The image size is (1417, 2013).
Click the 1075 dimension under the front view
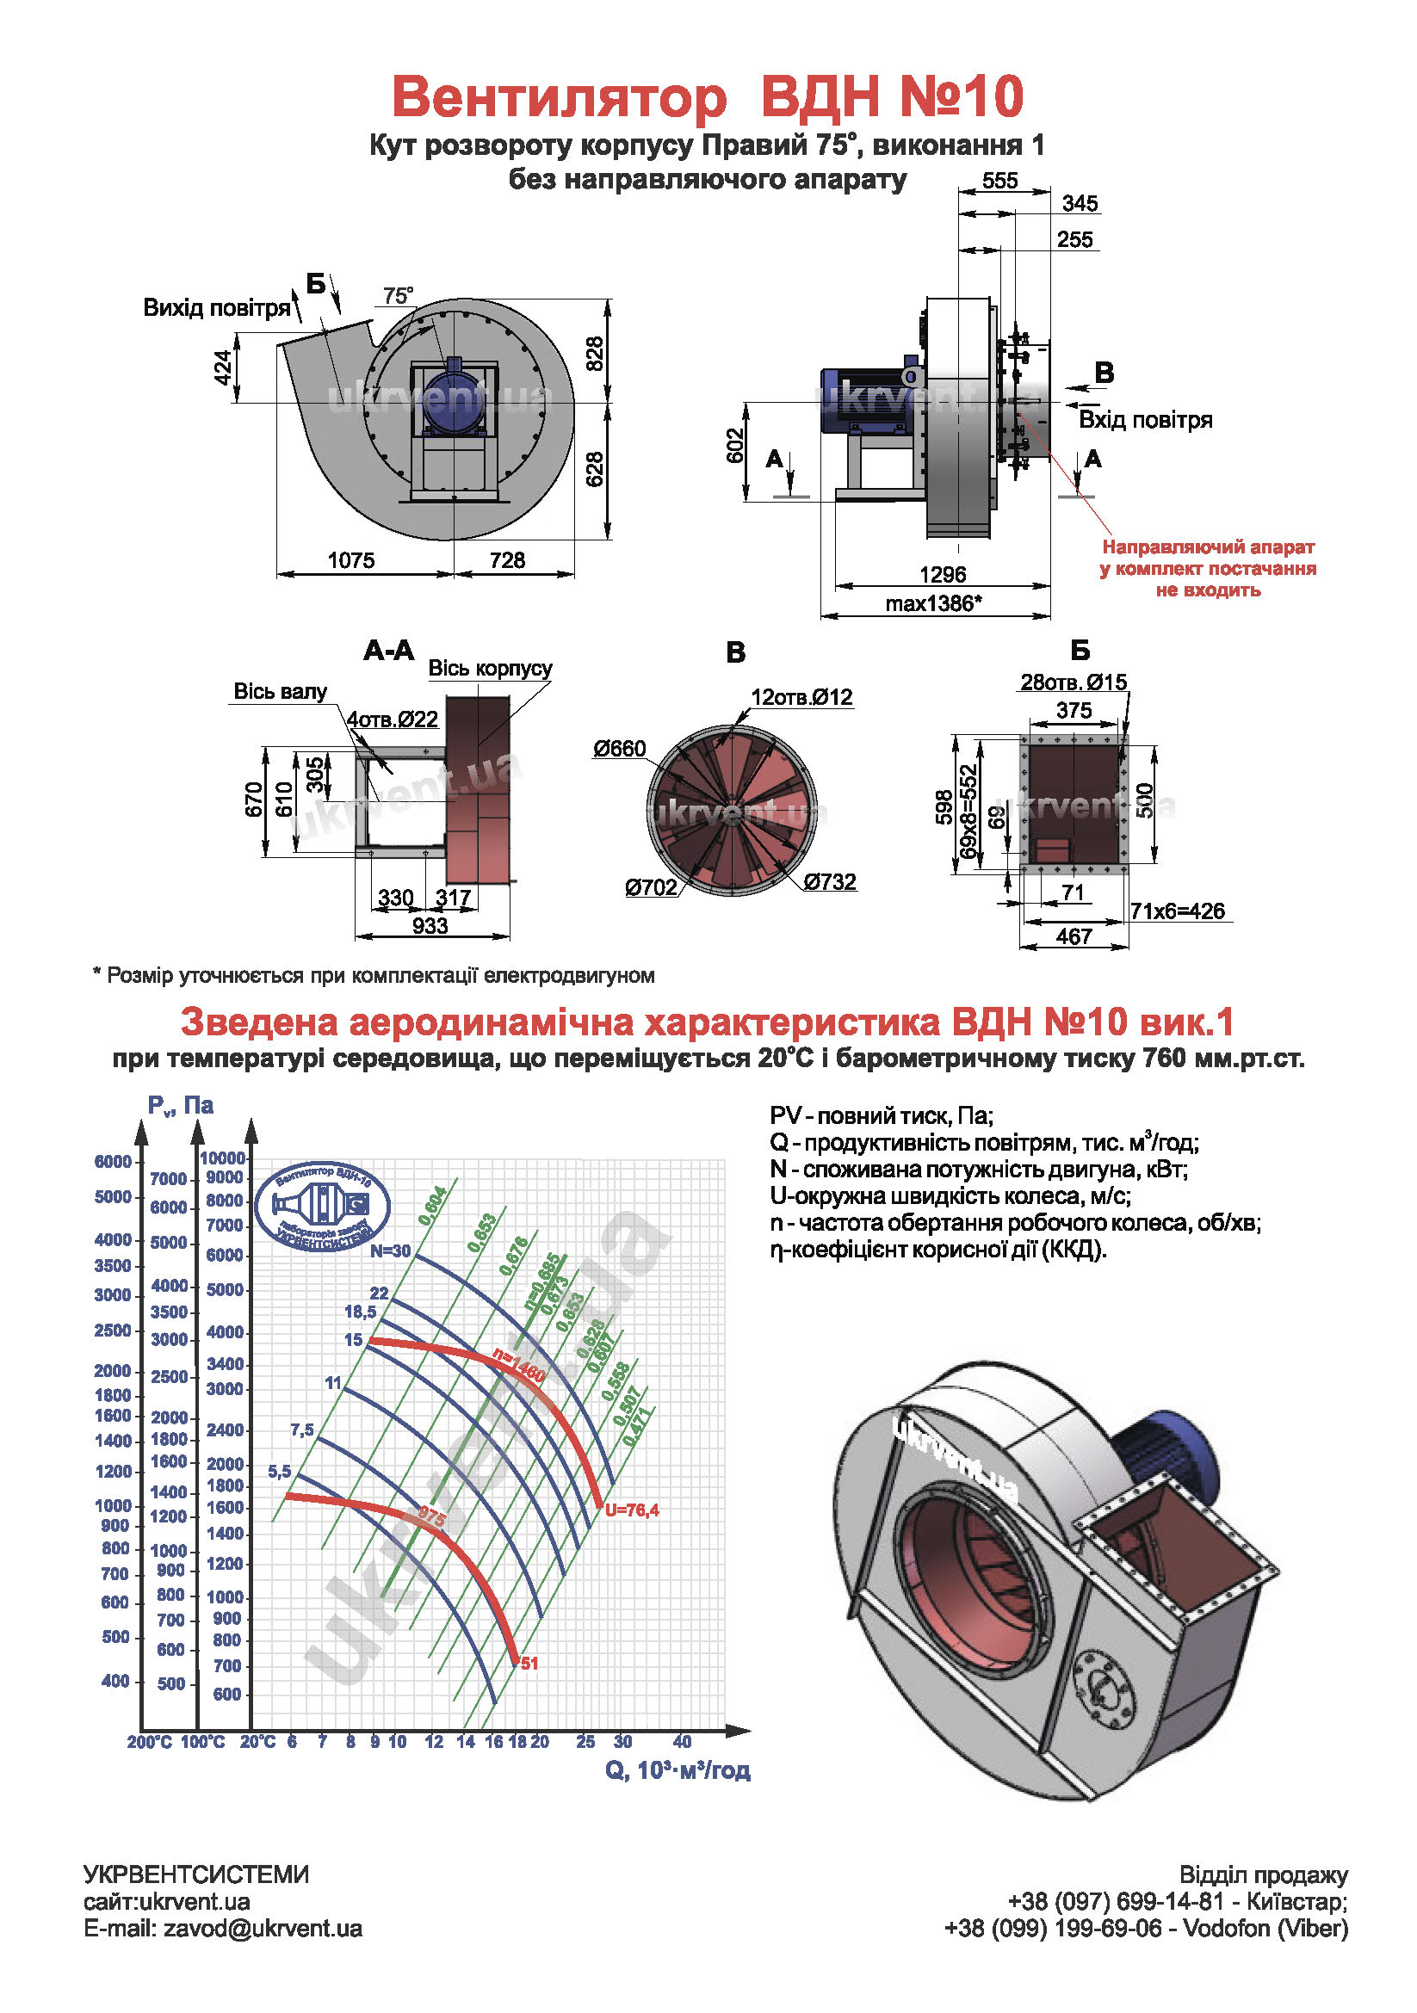(x=350, y=559)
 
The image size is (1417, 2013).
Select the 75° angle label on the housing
(x=397, y=295)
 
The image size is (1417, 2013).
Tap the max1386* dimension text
(x=933, y=604)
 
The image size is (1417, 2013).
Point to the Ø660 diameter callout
(x=619, y=749)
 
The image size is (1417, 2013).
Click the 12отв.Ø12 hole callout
(x=801, y=697)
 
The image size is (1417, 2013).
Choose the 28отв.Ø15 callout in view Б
(x=1074, y=682)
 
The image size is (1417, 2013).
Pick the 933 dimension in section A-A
(x=430, y=926)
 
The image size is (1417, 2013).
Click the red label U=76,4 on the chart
(x=631, y=1510)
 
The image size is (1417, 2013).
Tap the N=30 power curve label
(x=390, y=1250)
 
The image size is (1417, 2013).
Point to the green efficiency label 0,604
(x=432, y=1205)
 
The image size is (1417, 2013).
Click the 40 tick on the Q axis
(x=682, y=1742)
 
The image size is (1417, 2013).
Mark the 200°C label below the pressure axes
(x=149, y=1742)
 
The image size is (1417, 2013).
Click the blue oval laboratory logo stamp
(x=323, y=1207)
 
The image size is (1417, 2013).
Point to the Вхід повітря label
(x=1145, y=420)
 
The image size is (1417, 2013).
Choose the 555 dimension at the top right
(x=999, y=181)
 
